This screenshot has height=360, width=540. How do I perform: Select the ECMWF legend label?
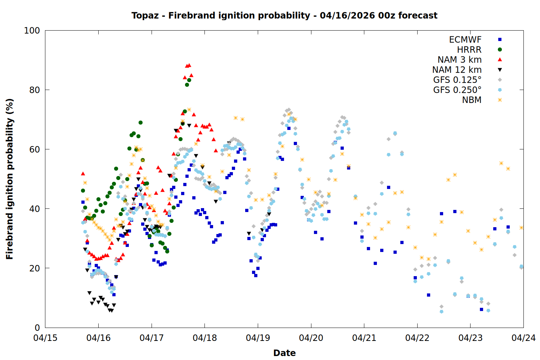pos(465,40)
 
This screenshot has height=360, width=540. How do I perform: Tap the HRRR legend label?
pos(469,50)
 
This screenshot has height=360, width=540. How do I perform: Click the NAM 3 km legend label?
pos(459,60)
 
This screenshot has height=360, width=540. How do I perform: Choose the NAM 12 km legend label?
pos(457,70)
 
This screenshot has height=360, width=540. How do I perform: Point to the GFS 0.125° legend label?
pos(457,80)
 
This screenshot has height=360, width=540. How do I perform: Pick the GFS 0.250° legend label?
pos(457,90)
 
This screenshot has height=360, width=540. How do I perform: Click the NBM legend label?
pos(472,100)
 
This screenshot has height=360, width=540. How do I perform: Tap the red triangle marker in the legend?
pos(500,59)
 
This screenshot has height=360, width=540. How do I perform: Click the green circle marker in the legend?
pos(500,50)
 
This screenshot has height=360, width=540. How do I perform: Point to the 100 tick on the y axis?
pos(32,31)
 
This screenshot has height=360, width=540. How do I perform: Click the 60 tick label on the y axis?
pos(35,149)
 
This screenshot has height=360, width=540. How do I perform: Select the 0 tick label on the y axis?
pos(37,328)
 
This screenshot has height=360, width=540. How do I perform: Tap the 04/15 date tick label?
pos(45,338)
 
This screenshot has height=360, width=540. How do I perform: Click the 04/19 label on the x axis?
pos(258,338)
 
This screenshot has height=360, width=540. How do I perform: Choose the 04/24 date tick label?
pos(523,338)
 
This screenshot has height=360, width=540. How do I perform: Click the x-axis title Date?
pos(284,353)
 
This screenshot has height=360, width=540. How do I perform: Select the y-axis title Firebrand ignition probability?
pos(10,179)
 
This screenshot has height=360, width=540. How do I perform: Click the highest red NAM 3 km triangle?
pos(189,65)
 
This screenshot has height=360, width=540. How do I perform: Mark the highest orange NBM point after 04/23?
pos(501,163)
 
